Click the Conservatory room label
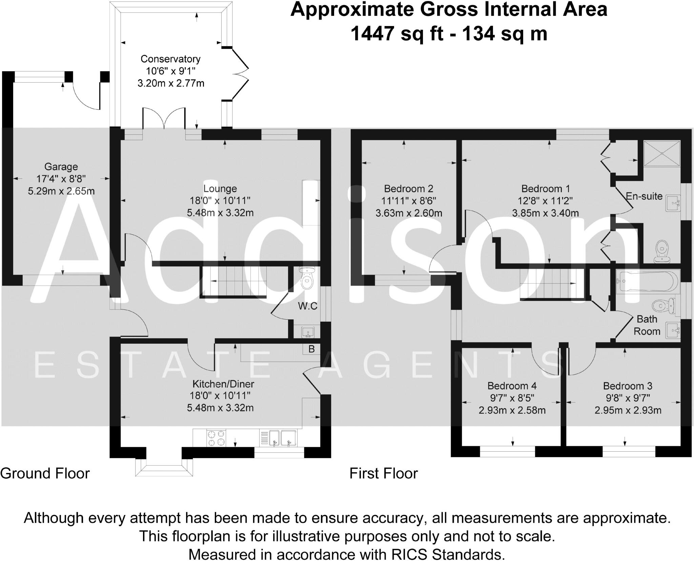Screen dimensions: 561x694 coord(170,59)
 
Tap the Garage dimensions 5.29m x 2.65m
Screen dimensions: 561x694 coord(61,191)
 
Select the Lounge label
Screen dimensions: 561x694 coord(220,189)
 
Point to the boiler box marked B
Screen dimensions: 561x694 coord(311,349)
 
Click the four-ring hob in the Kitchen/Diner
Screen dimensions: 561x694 coord(216,438)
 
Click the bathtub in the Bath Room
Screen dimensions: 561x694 coord(647,281)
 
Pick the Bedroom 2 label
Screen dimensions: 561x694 coord(408,189)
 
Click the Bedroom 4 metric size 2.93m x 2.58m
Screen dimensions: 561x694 coord(512,411)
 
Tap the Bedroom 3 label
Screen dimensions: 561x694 coord(628,386)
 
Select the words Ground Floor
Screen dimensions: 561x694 coord(45,473)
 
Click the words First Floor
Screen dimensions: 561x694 coord(384,473)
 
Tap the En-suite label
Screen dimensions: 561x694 coord(644,196)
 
